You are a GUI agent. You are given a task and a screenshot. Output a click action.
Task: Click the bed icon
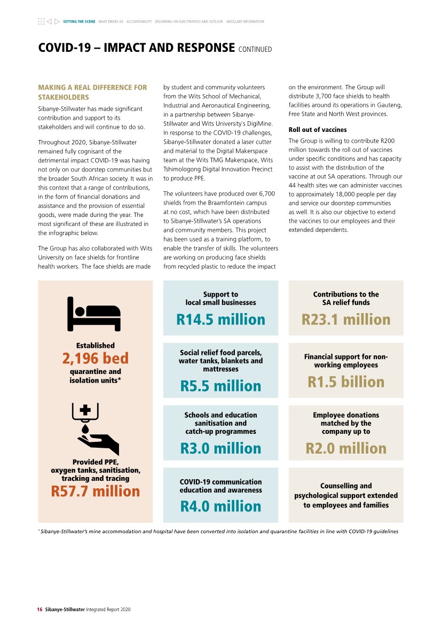[94, 314]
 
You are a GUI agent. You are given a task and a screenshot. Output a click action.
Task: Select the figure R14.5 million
[220, 319]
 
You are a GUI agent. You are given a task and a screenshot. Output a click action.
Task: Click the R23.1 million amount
[346, 319]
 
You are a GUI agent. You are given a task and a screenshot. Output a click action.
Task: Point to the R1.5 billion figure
[346, 382]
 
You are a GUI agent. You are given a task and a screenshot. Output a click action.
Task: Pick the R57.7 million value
[96, 491]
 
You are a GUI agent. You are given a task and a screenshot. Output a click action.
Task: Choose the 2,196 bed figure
[96, 358]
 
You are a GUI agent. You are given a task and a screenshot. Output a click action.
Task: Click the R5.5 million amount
[220, 386]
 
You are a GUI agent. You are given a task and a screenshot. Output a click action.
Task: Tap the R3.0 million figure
[220, 448]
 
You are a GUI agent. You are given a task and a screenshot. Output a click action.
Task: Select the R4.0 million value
[220, 506]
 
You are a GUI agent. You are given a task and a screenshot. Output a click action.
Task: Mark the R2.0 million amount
[346, 448]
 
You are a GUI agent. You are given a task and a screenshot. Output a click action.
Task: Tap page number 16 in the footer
[40, 609]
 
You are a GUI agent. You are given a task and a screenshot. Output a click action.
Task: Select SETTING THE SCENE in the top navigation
[79, 22]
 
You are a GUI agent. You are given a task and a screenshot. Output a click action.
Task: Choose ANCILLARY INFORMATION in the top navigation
[245, 22]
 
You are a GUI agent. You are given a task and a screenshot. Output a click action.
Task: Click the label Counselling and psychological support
[346, 495]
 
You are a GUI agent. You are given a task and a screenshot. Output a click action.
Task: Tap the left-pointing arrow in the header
[49, 22]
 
